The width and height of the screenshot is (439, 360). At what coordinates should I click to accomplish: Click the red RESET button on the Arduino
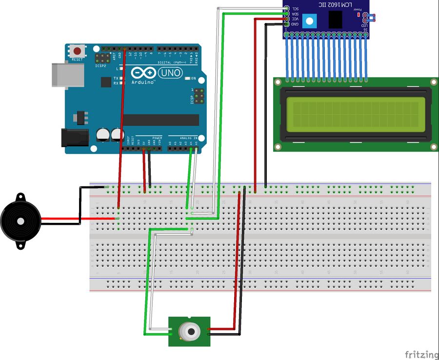coord(77,51)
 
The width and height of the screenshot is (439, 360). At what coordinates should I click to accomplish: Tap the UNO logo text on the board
coord(171,73)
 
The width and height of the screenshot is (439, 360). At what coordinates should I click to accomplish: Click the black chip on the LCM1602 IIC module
coord(335,19)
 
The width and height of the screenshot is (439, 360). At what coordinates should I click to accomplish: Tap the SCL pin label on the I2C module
coord(295,9)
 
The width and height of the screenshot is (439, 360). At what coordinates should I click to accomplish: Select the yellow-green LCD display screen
coord(353,114)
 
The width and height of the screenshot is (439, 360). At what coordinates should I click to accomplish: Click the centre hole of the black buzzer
coord(20,221)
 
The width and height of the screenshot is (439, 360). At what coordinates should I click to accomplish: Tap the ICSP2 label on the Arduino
coord(101,65)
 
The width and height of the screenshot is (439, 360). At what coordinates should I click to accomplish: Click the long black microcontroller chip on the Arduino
coord(161,120)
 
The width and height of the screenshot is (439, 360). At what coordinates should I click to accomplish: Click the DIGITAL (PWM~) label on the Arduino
coord(171,62)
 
